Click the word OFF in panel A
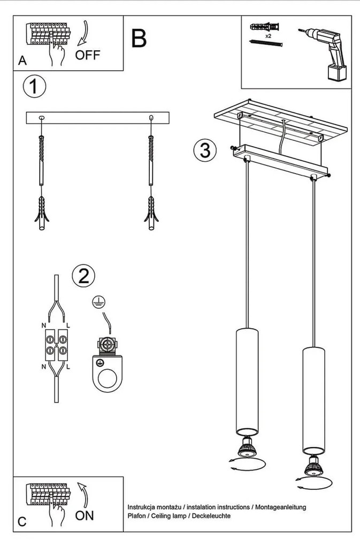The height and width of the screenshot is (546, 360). click(87, 55)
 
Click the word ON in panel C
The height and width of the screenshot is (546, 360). click(85, 515)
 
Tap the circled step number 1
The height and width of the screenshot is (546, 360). click(34, 87)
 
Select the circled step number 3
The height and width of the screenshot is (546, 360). click(204, 149)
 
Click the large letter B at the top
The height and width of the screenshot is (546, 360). click(139, 38)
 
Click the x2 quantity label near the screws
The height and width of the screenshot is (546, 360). click(268, 36)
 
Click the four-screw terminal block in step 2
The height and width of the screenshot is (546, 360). click(56, 345)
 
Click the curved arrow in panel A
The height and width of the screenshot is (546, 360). click(83, 34)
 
